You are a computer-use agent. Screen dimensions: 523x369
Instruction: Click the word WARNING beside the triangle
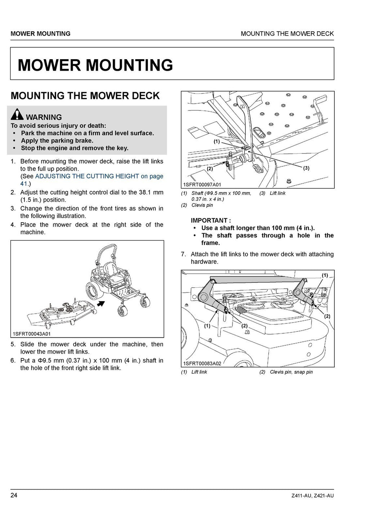point(44,117)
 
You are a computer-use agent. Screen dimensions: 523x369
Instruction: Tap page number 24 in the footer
point(14,495)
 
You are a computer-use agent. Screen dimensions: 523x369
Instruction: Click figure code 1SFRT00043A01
point(32,334)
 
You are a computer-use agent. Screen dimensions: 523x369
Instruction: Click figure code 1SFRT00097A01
point(202,185)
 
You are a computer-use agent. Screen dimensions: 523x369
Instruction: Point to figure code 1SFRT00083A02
point(202,363)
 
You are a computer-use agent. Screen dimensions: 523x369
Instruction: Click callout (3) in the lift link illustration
point(306,168)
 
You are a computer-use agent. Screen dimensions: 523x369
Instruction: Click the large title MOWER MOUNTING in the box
point(95,65)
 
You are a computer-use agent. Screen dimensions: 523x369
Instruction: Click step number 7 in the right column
point(183,254)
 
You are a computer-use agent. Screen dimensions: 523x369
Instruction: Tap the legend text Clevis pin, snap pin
point(291,372)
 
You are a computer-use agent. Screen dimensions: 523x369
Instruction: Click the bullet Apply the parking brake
point(57,140)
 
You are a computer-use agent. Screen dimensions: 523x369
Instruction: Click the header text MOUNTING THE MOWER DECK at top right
point(287,34)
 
